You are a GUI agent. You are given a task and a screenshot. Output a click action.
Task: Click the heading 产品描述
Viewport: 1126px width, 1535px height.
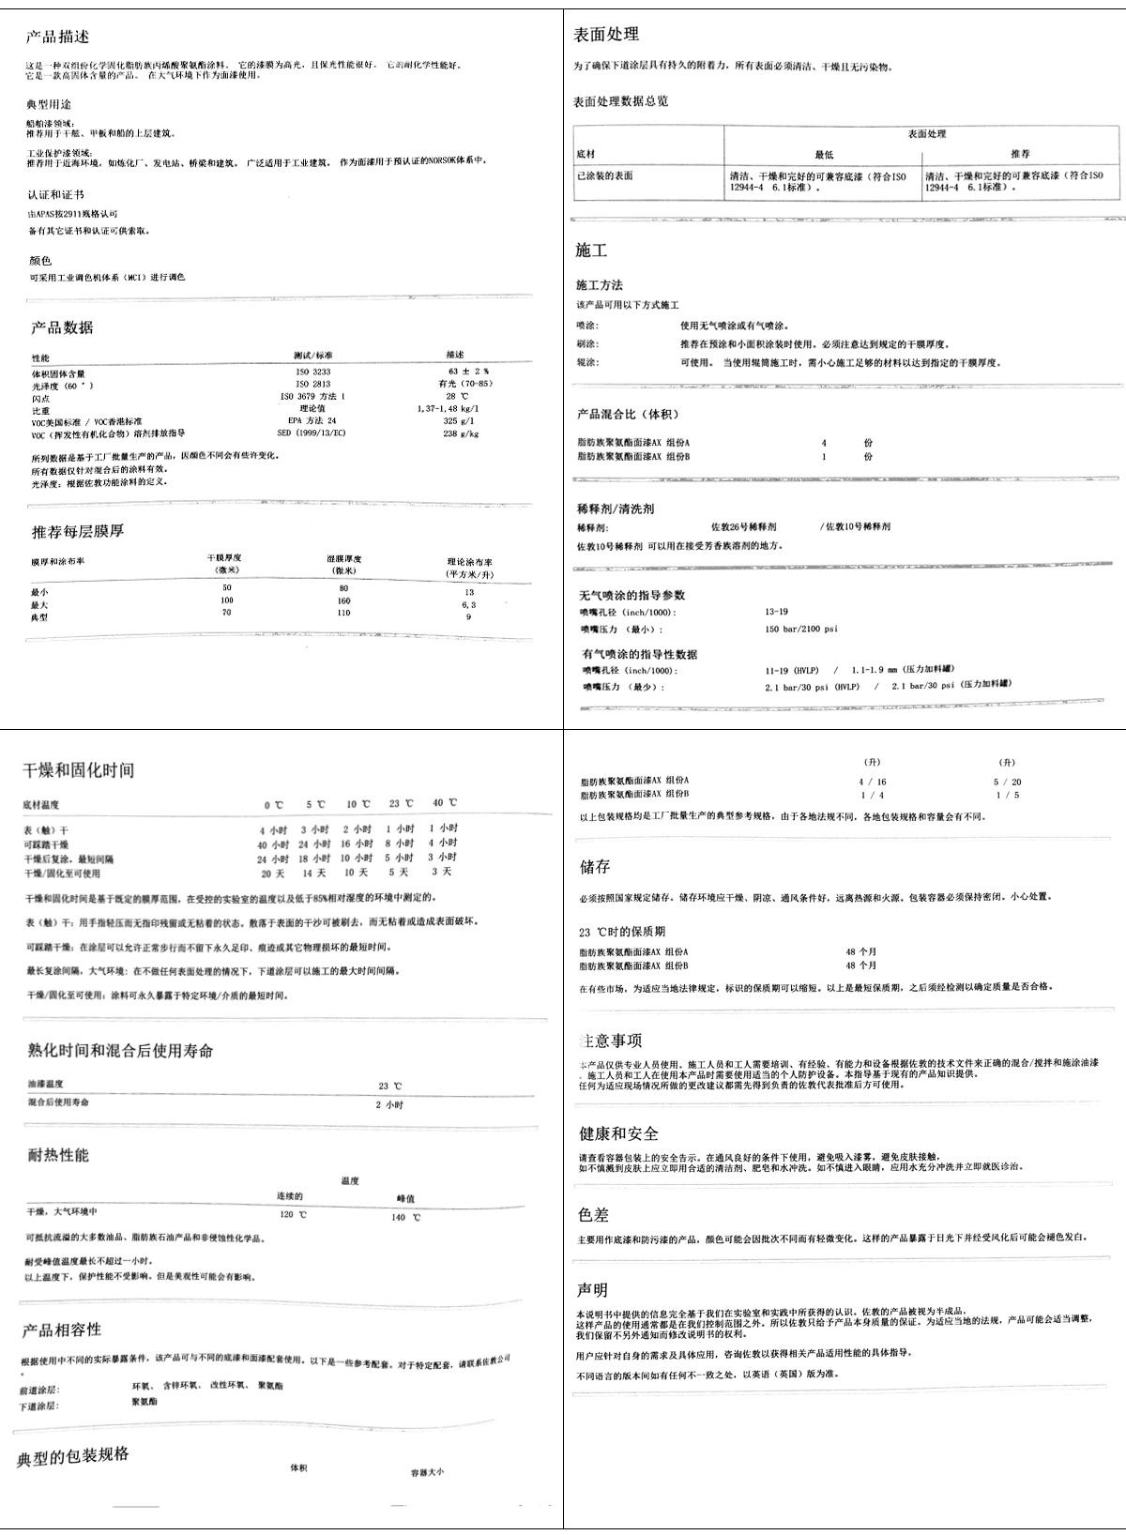tap(58, 38)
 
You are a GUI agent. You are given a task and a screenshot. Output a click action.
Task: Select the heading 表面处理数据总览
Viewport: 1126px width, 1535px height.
tap(620, 101)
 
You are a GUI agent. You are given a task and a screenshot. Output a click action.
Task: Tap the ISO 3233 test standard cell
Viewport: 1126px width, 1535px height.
tap(313, 372)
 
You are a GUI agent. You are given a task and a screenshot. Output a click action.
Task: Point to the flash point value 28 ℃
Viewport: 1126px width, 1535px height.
tap(455, 397)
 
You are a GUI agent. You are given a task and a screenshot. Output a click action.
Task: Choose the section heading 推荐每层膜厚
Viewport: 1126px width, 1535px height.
tap(78, 531)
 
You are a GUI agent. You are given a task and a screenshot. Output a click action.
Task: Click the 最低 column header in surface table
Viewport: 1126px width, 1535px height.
tap(823, 154)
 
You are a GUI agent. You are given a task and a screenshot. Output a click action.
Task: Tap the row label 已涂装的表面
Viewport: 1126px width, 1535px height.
tap(604, 175)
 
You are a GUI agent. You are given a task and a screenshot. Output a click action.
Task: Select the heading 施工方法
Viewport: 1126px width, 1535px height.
tap(599, 285)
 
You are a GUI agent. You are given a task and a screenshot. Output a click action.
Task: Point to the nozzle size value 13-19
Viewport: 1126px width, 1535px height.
tap(776, 612)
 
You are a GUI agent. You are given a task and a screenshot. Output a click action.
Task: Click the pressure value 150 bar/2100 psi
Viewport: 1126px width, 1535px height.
tap(801, 630)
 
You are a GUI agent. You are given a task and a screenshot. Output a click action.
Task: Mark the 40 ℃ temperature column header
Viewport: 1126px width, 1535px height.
tap(445, 803)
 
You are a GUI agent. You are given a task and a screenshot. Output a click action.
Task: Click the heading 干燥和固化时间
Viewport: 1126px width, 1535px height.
tap(79, 770)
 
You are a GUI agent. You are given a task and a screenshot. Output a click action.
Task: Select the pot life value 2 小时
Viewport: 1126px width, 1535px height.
tap(389, 1104)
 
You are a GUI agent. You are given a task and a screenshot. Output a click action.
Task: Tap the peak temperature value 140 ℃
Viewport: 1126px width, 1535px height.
tap(405, 1217)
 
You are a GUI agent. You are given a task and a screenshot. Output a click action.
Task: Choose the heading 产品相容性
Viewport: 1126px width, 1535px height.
tap(62, 1330)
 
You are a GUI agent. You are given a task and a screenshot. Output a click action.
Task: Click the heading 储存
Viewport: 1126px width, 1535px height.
tap(595, 866)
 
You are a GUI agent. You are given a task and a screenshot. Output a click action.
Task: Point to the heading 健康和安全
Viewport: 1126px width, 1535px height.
tap(618, 1133)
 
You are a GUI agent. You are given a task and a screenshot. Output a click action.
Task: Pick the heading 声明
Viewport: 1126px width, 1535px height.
tap(592, 1290)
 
